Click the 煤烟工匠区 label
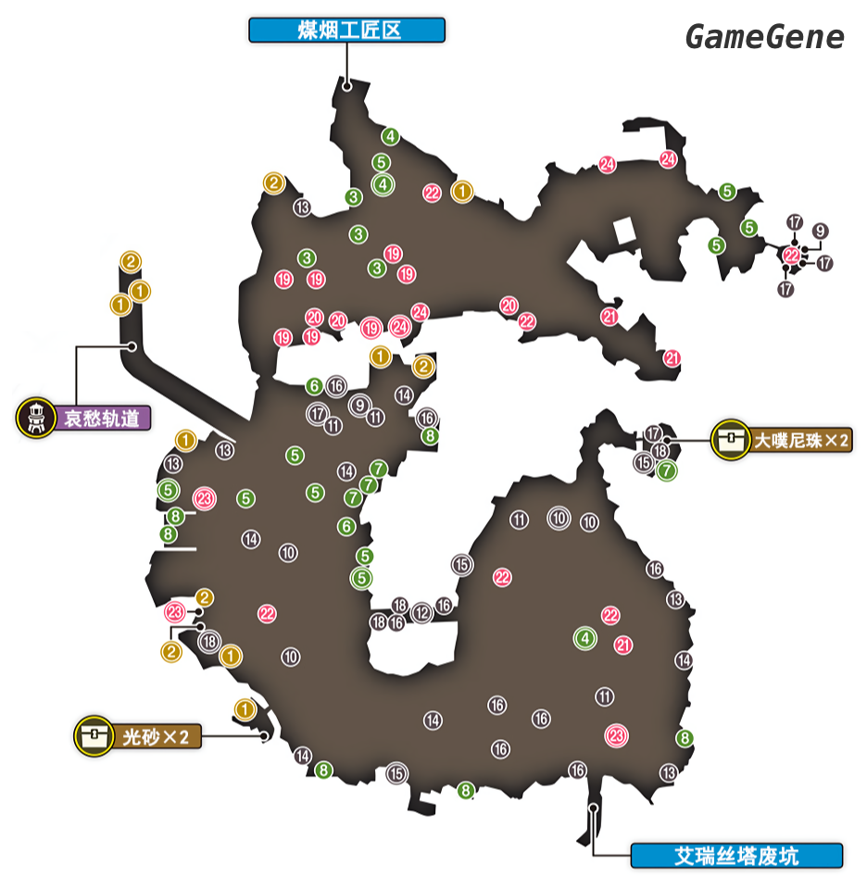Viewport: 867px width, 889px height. click(346, 31)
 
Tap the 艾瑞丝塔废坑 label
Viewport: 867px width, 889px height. click(736, 856)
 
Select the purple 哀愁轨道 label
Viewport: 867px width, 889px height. click(102, 418)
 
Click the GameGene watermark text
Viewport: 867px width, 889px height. click(764, 37)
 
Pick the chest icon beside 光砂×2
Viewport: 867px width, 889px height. click(94, 736)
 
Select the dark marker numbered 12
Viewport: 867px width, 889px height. click(422, 613)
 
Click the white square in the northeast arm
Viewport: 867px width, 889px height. click(622, 231)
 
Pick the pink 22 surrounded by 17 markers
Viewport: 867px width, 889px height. click(792, 256)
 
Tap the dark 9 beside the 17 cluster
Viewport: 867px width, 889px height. click(820, 232)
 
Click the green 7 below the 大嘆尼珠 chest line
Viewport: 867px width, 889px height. click(666, 470)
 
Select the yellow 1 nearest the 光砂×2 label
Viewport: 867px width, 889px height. click(245, 709)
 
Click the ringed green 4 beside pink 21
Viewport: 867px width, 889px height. click(585, 638)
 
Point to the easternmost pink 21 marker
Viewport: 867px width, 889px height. click(672, 358)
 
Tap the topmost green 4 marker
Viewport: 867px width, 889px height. click(391, 137)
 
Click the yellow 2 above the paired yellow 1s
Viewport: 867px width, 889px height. click(131, 261)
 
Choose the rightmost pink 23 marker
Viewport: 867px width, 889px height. click(617, 736)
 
